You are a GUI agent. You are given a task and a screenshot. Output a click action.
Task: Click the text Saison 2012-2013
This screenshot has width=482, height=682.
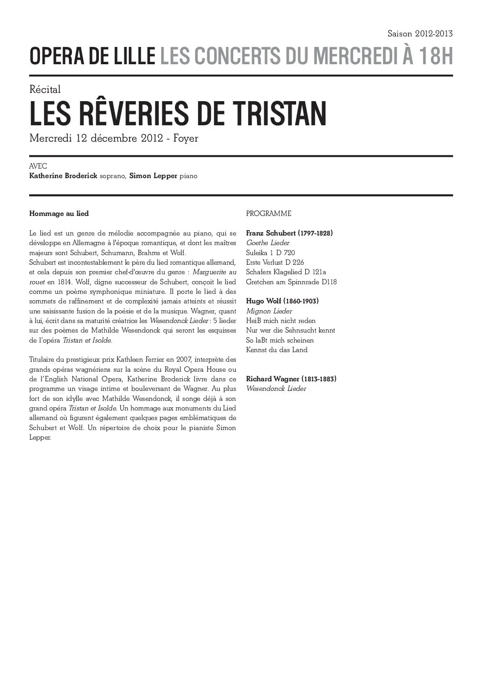(420, 34)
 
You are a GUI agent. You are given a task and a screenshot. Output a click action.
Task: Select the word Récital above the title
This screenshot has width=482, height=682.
(45, 90)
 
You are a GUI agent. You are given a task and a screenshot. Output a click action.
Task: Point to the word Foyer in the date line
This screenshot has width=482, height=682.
(186, 138)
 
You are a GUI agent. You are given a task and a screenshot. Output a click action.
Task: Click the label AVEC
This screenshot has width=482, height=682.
(38, 166)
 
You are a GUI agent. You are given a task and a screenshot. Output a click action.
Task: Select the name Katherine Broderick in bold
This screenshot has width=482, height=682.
(63, 176)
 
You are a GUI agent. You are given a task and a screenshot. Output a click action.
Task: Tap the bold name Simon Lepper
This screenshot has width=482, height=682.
(153, 176)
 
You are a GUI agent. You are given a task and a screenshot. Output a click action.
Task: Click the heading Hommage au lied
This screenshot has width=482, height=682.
(59, 213)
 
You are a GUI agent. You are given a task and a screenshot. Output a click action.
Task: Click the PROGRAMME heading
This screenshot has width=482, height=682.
(268, 214)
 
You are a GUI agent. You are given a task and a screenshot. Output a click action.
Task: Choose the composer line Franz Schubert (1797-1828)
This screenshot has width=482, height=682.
(289, 233)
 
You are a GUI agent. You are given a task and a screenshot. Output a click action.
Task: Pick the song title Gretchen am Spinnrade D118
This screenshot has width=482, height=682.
(291, 282)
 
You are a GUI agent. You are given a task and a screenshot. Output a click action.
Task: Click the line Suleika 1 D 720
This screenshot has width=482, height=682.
(270, 253)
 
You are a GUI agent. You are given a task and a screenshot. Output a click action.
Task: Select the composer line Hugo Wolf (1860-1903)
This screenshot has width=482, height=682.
(282, 301)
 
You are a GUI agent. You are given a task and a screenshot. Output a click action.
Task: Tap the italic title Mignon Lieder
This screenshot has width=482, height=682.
(269, 311)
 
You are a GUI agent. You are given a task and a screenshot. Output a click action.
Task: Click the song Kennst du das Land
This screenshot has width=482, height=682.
(277, 350)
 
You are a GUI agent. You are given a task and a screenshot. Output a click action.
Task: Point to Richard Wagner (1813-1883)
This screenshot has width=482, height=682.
(291, 379)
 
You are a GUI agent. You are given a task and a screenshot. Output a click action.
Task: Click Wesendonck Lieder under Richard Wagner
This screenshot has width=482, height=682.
(276, 389)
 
